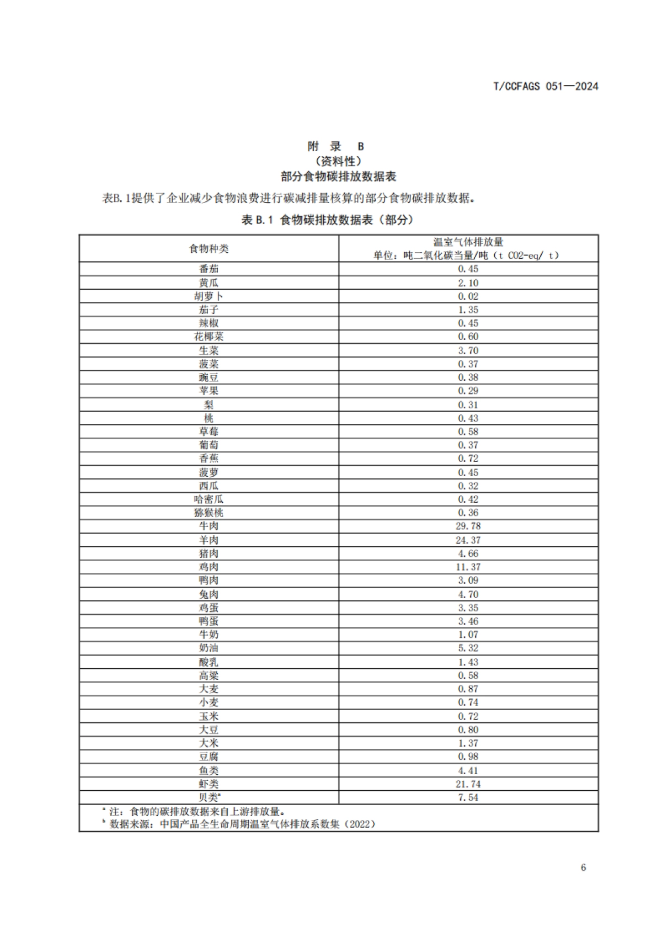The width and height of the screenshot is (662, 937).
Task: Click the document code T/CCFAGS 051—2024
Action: tap(545, 86)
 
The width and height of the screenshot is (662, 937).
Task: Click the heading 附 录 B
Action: tap(335, 146)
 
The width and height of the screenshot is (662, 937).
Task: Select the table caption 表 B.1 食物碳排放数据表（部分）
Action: tap(328, 220)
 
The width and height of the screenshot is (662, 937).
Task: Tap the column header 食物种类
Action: tap(209, 248)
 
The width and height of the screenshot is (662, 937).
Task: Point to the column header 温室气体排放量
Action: tap(468, 242)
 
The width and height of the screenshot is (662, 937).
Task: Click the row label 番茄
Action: tap(209, 269)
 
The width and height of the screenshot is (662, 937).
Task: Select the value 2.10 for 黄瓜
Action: tap(468, 283)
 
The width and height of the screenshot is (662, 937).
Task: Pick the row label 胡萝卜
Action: tap(209, 296)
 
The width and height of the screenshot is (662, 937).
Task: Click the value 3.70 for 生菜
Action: tap(468, 350)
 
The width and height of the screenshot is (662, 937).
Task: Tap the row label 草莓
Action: tap(209, 432)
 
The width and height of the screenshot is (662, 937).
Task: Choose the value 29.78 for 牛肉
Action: tap(468, 526)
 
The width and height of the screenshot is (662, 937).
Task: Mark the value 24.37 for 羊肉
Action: tap(468, 540)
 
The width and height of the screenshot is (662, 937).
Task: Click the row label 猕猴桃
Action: tap(209, 513)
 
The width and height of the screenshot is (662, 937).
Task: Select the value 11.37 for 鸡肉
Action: tap(468, 567)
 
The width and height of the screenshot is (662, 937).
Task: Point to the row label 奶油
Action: tap(209, 648)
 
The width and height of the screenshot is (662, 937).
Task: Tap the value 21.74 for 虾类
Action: tap(468, 784)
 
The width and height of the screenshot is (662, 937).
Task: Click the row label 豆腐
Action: tap(209, 757)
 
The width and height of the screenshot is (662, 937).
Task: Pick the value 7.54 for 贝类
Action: tap(468, 797)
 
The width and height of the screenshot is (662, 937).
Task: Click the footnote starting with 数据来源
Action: tap(243, 824)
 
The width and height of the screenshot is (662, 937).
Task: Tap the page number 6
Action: tap(583, 867)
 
